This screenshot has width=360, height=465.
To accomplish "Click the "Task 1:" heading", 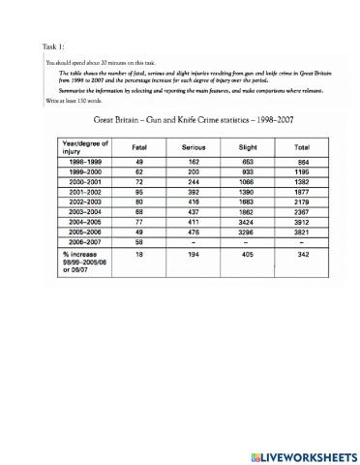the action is click(x=54, y=46).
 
